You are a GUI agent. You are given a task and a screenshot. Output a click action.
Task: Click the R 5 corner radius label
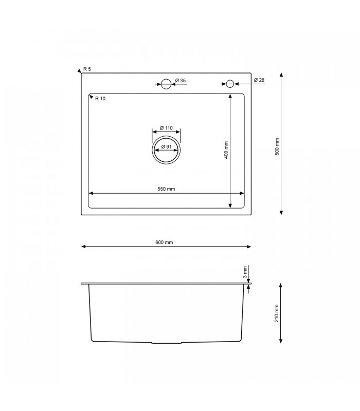click(x=87, y=69)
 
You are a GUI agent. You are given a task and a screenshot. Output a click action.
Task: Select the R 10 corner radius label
click(x=100, y=99)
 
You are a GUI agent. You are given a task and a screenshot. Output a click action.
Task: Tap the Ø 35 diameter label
click(x=180, y=81)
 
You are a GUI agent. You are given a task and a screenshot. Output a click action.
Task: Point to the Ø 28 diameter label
click(x=259, y=80)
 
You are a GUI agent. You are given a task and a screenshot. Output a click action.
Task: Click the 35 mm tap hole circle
click(x=166, y=84)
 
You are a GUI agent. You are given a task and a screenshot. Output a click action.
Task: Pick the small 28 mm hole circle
click(x=230, y=83)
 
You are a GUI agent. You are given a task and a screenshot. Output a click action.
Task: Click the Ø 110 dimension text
click(x=166, y=128)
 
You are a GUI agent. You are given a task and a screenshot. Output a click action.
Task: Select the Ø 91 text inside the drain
click(x=166, y=147)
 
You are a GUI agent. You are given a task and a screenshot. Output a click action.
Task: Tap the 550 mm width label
click(x=166, y=189)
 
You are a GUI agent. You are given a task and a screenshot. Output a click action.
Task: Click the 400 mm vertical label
click(x=226, y=150)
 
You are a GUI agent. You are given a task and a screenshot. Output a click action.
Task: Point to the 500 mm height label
click(x=277, y=146)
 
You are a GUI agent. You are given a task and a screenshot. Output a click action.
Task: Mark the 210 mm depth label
click(x=277, y=313)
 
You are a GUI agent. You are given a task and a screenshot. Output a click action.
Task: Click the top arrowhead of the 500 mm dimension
click(x=281, y=75)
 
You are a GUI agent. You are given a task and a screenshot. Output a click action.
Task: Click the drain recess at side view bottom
click(x=166, y=342)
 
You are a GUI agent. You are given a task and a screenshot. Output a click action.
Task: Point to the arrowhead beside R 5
click(x=79, y=70)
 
